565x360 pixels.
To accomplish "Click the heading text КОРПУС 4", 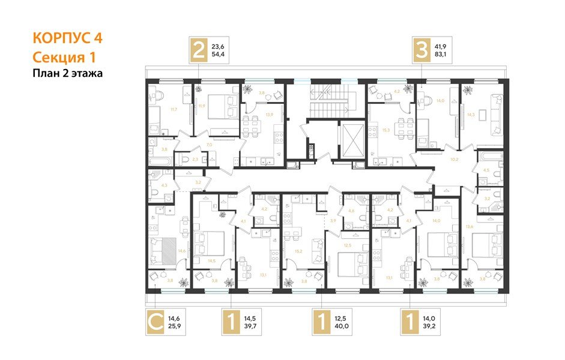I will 67,38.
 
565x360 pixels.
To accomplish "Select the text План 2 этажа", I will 67,74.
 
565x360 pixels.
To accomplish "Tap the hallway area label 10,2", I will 454,160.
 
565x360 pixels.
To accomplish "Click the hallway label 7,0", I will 210,145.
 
